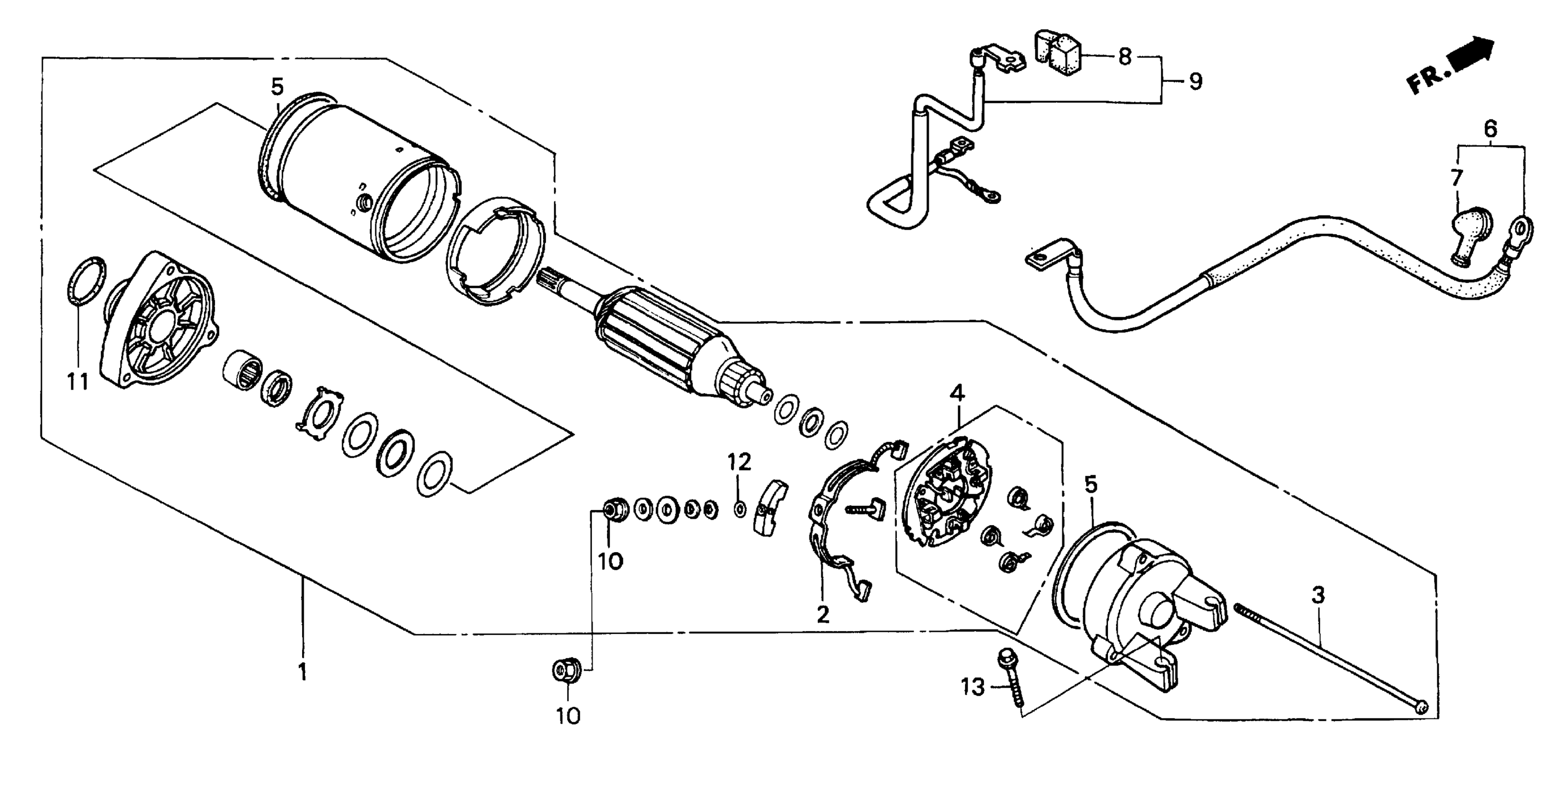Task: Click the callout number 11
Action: (78, 382)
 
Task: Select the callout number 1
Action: (302, 671)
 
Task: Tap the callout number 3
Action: (1318, 595)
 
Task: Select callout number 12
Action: (740, 463)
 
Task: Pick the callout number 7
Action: (1457, 178)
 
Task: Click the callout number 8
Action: (1124, 57)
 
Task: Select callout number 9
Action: (1195, 81)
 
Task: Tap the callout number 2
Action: (823, 614)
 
